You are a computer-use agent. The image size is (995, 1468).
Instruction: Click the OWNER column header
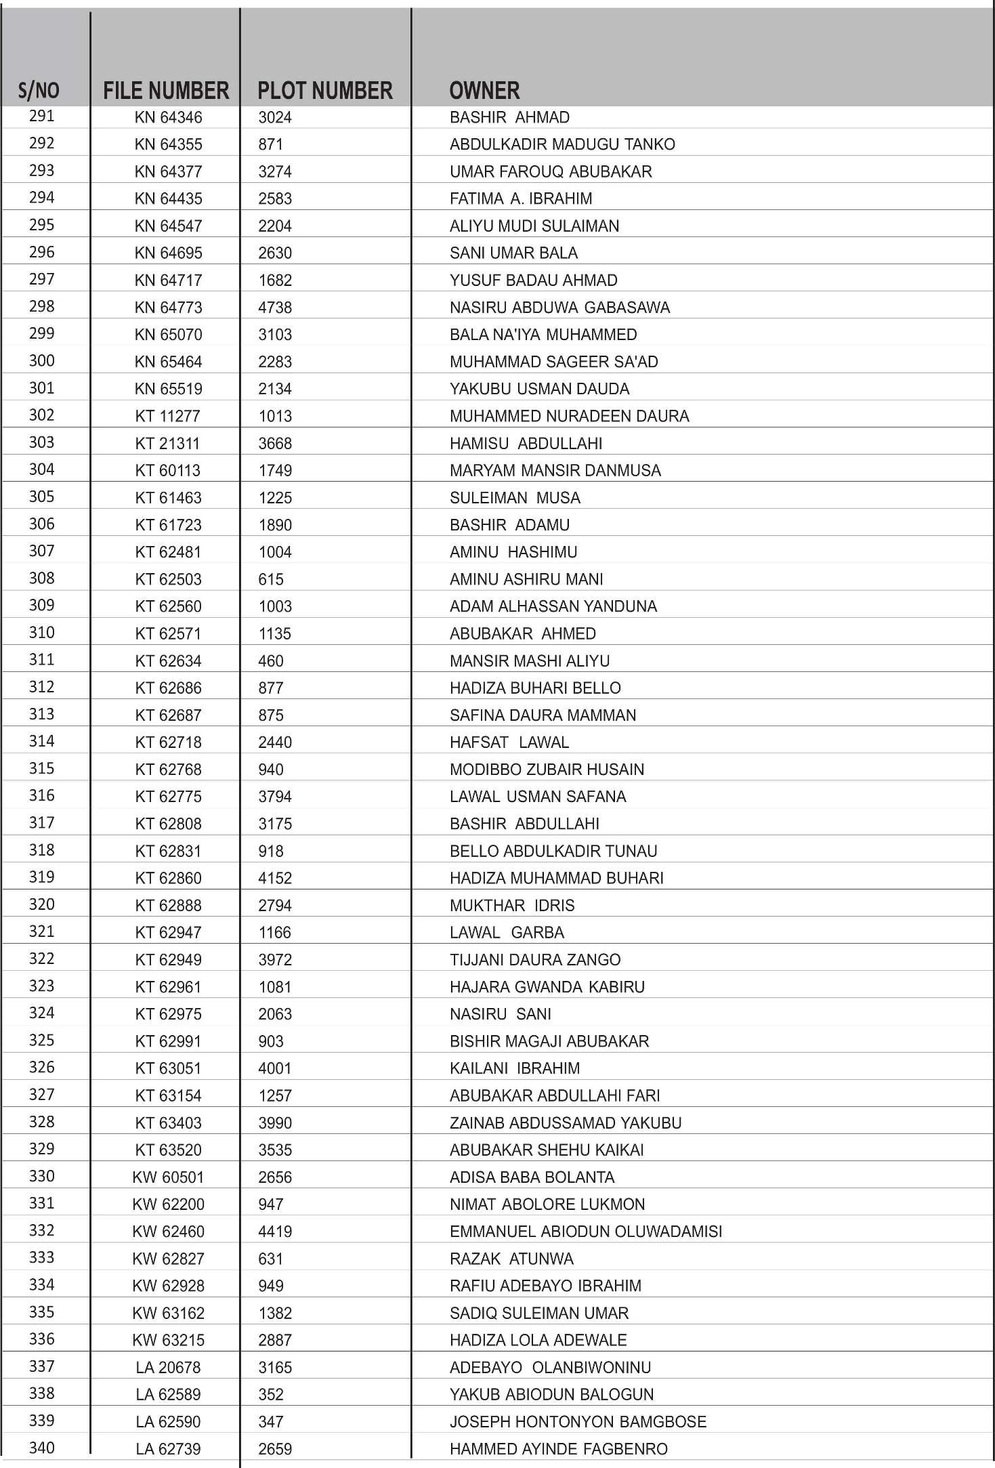484,90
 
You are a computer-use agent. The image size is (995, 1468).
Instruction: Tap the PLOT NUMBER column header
325,90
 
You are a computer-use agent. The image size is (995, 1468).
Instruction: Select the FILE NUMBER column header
166,90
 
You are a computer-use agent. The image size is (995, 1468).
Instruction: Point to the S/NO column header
39,90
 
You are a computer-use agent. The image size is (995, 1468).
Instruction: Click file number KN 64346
168,117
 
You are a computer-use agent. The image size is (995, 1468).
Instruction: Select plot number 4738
275,308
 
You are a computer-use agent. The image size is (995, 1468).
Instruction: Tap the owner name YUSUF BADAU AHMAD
533,280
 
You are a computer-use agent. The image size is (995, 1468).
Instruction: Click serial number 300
41,360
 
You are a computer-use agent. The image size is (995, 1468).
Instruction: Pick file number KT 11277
167,416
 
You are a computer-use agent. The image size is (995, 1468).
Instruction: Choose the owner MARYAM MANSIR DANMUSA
555,470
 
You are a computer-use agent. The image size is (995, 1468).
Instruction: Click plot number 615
271,579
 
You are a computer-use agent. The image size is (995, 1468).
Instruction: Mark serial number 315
41,768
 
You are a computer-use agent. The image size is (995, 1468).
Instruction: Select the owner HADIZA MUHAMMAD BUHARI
556,878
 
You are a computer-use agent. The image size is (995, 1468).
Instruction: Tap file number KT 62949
168,960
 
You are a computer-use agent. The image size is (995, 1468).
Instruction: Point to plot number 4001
275,1068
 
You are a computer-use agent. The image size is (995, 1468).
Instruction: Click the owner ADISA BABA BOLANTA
532,1177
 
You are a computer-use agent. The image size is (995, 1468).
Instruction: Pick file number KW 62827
168,1259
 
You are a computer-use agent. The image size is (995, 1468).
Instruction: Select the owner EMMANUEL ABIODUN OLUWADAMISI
585,1232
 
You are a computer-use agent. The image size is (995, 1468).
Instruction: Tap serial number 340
41,1448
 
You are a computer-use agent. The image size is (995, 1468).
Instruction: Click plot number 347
271,1422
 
